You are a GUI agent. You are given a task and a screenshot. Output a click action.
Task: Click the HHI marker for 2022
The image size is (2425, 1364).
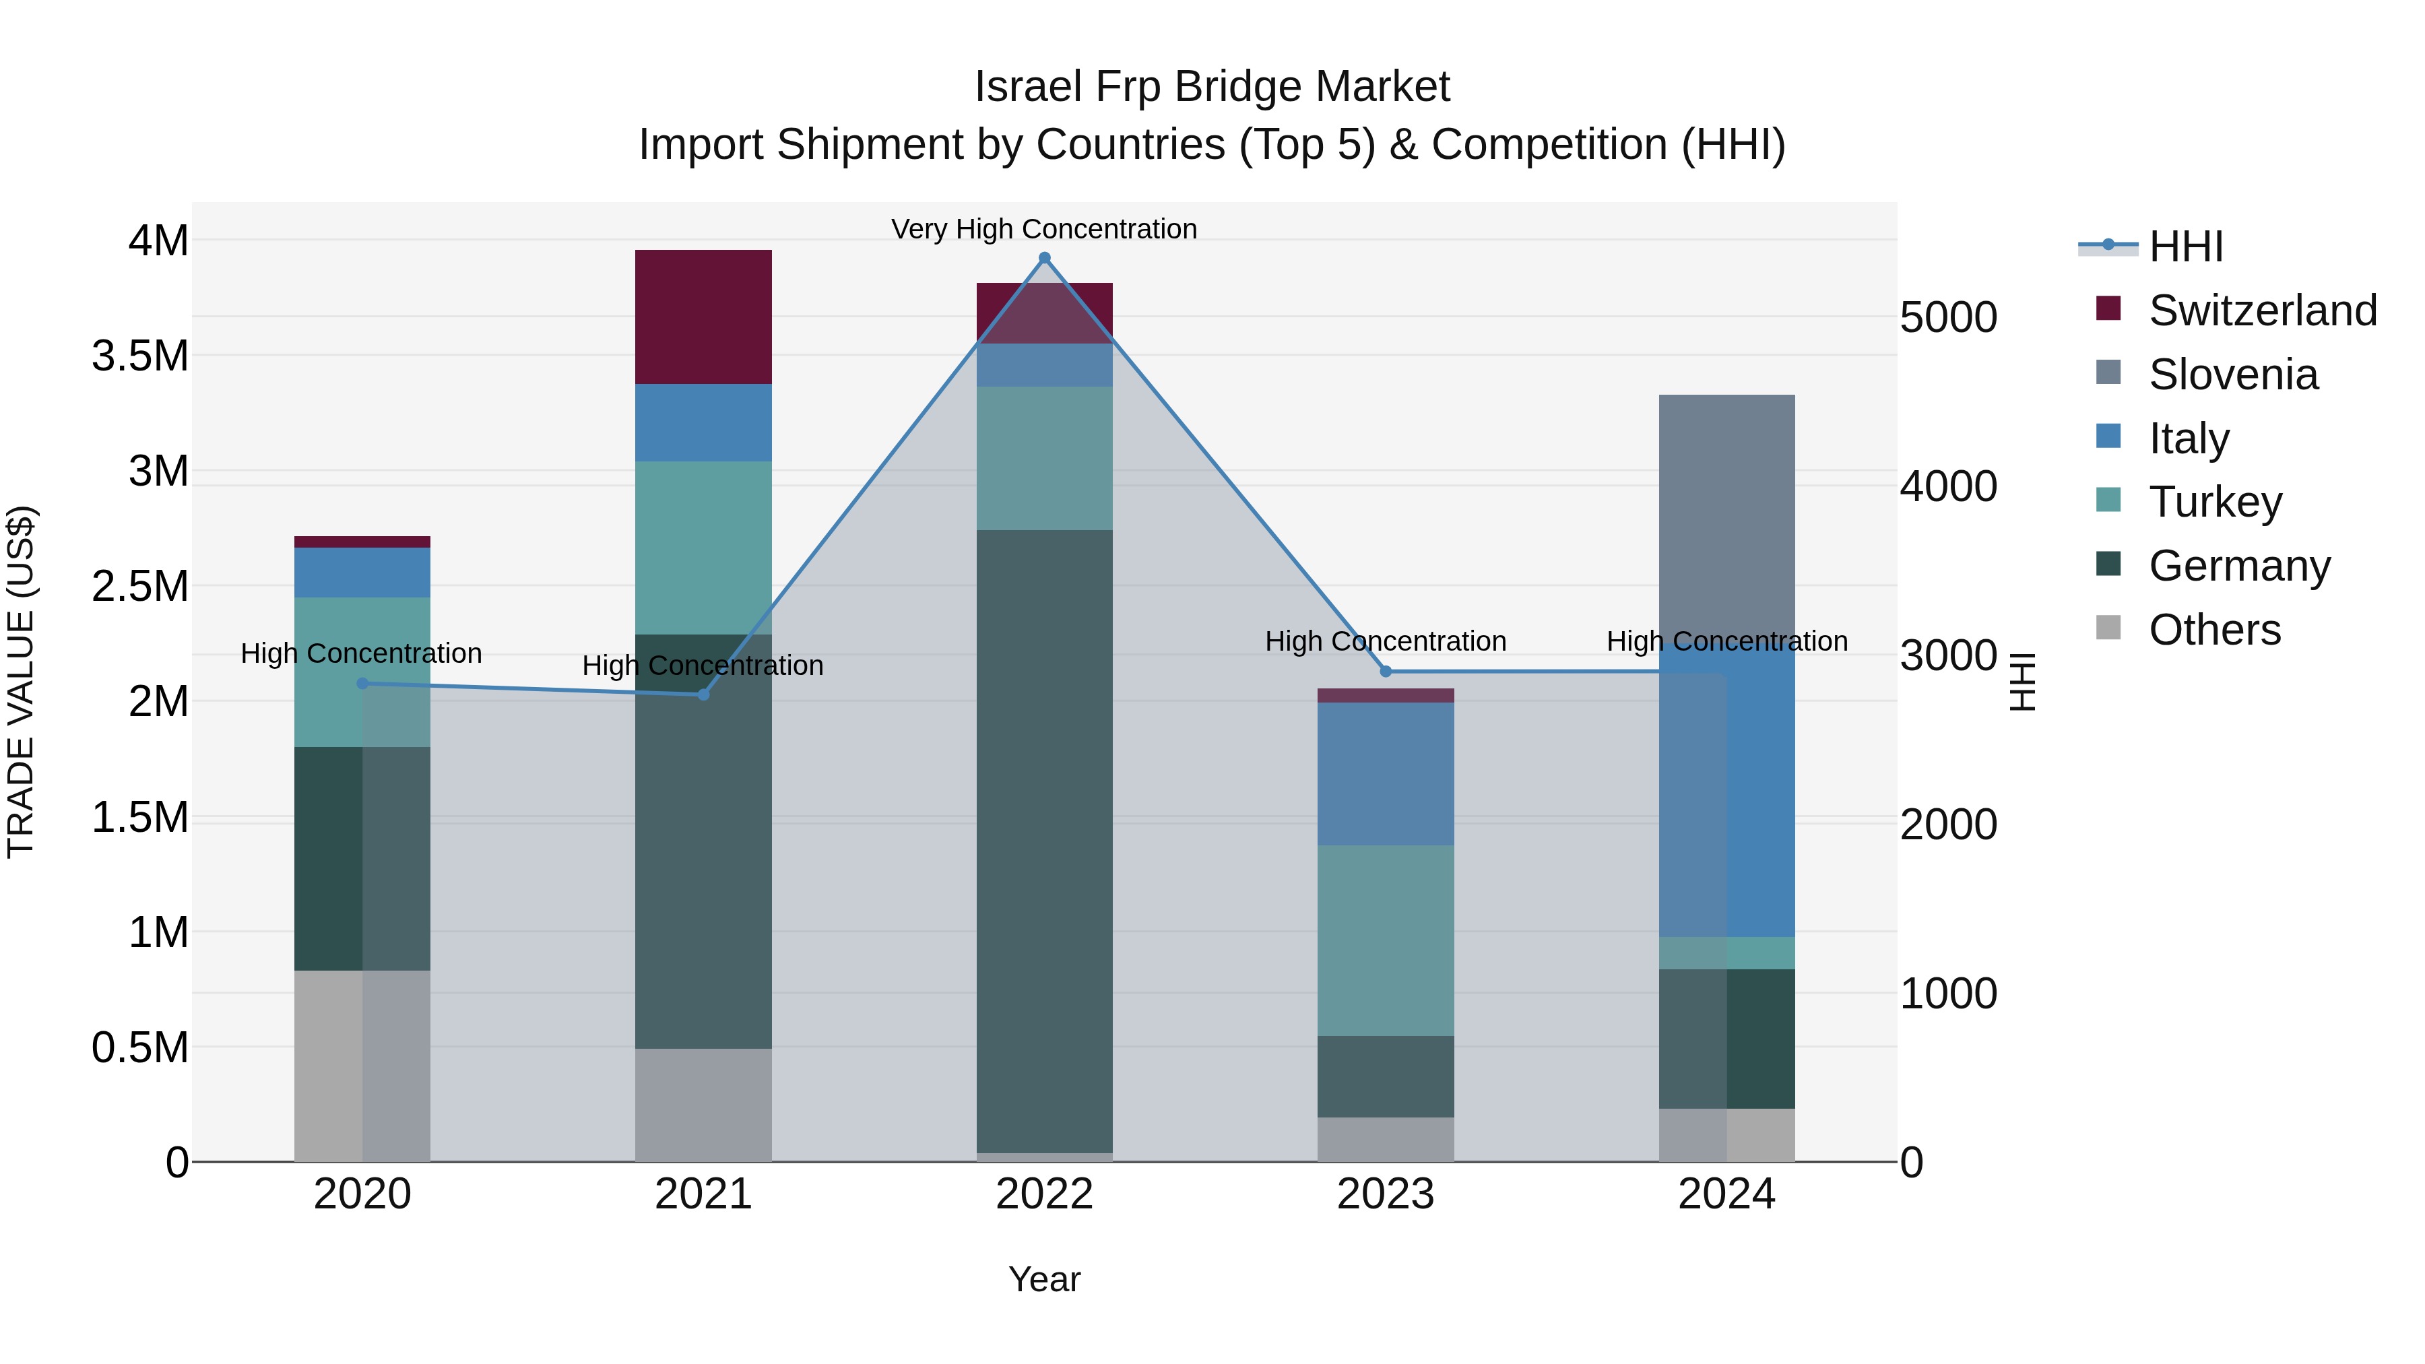coord(1044,258)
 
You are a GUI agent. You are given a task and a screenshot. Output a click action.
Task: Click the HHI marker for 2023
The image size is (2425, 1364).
coord(1385,671)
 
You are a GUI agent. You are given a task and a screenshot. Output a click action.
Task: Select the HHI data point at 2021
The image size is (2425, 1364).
coord(703,694)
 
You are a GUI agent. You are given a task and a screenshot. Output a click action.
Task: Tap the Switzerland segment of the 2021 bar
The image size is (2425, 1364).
coord(703,317)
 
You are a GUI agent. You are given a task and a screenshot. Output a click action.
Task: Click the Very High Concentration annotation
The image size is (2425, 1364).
coord(1044,229)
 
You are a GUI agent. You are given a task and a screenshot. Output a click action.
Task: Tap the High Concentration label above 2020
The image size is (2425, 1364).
coord(362,653)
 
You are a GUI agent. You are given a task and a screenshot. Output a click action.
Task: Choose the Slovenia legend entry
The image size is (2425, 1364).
coord(2233,375)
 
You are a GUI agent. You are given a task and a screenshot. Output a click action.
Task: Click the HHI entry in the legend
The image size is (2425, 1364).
coord(2186,247)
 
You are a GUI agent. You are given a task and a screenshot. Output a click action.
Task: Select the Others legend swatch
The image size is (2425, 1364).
coord(2108,628)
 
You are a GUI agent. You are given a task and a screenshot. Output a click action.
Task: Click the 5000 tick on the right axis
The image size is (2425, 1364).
coord(1947,318)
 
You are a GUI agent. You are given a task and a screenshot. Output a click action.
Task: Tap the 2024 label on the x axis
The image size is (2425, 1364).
coord(1726,1194)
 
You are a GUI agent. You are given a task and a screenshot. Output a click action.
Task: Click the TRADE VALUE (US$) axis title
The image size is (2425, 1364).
coord(22,682)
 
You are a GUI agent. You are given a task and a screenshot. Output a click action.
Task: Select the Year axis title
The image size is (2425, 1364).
coord(1044,1279)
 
